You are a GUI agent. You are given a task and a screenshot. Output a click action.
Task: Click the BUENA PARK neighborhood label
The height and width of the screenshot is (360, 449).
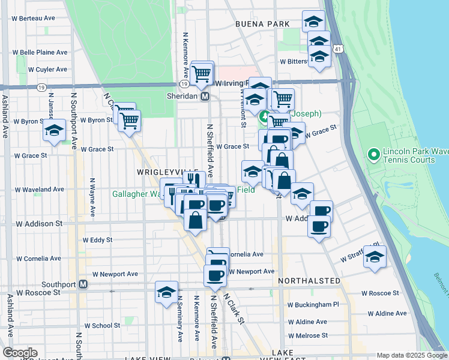263,24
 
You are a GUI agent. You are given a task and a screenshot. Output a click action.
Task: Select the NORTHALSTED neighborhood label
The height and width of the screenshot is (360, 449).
310,281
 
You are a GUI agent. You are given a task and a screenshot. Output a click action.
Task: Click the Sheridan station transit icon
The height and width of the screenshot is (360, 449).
205,96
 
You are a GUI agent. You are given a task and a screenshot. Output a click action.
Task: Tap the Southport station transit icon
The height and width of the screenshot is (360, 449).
83,284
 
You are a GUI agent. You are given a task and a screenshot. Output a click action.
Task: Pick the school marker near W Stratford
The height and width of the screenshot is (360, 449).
375,257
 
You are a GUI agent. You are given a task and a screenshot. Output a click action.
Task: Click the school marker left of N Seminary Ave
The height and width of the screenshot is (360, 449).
166,292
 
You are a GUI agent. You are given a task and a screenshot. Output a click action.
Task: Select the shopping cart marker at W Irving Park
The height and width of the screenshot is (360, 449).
202,73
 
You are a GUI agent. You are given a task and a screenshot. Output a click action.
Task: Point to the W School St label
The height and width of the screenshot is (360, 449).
102,326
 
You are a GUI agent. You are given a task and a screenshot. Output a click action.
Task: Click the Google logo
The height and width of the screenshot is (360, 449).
20,352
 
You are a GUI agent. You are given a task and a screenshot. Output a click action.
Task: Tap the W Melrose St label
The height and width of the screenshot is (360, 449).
308,335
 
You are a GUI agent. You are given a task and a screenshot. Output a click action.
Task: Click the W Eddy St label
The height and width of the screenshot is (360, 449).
98,240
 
